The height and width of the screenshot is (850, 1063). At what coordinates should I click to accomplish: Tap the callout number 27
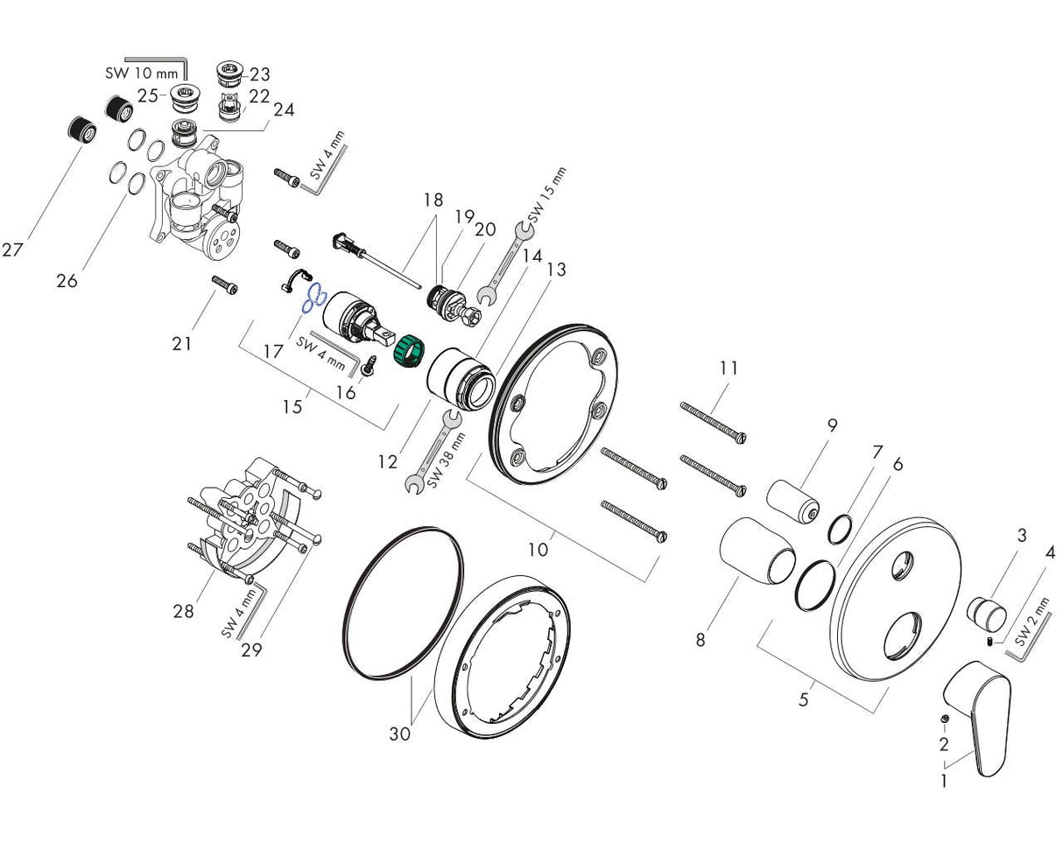point(12,250)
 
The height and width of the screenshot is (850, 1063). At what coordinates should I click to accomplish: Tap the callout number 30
point(399,734)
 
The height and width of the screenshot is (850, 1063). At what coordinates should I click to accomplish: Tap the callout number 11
point(729,369)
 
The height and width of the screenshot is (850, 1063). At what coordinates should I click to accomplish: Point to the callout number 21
point(181,344)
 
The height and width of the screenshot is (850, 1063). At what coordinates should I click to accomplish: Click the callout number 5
point(804,699)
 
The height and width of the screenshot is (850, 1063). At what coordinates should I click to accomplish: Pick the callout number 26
point(67,281)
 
